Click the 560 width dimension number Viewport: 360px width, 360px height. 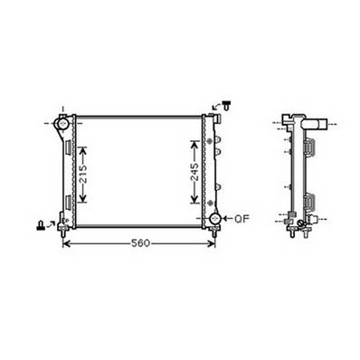[138, 243]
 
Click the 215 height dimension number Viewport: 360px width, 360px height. [83, 176]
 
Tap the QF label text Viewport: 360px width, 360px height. [242, 219]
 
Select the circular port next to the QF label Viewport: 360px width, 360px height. [215, 219]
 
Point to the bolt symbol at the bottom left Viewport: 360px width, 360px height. [42, 223]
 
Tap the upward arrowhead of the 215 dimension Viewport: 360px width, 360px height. [83, 145]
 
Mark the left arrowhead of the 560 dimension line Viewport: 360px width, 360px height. [65, 243]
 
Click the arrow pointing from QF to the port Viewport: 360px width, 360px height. [228, 219]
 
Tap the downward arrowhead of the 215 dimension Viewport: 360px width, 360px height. [83, 211]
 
